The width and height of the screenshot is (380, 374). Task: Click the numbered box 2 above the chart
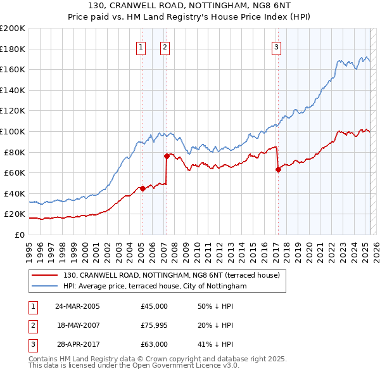point(165,46)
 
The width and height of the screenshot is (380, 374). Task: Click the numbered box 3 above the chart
point(277,46)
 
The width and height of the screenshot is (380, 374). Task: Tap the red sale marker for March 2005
point(142,188)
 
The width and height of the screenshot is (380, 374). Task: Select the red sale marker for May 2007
point(167,155)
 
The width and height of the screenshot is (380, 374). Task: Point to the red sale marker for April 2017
point(278,169)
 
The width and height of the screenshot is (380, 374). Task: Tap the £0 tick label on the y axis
point(19,235)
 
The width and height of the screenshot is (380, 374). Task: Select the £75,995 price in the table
point(155,325)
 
